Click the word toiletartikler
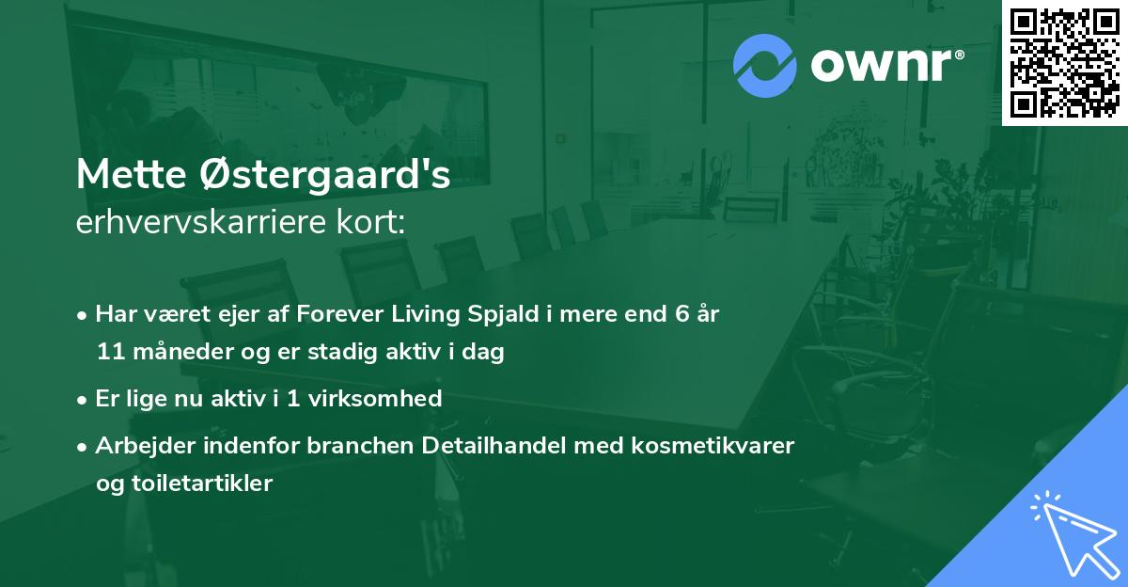[201, 484]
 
